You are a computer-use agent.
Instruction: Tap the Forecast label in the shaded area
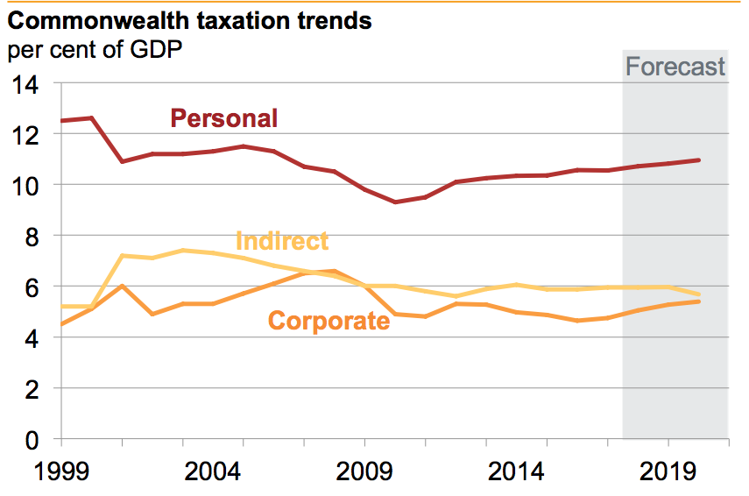coord(675,67)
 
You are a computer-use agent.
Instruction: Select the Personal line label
coord(223,118)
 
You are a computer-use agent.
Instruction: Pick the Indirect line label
coord(282,241)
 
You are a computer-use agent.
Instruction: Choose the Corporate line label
coord(329,321)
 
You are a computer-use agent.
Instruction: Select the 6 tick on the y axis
coord(36,287)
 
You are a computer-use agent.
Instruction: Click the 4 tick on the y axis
coord(36,337)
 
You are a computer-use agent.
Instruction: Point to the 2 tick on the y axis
coord(36,388)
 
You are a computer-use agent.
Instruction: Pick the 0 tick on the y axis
coord(36,439)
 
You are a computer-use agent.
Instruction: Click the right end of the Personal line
coord(698,160)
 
